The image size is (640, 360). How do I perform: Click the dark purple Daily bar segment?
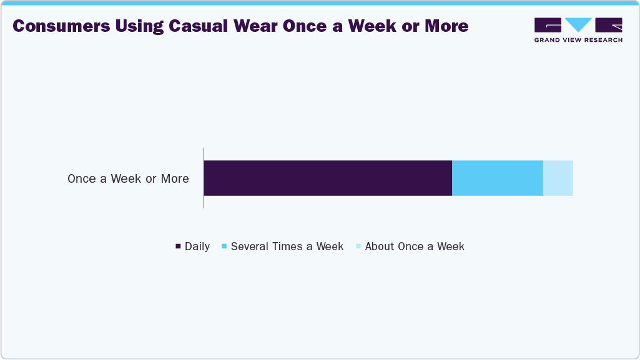point(328,178)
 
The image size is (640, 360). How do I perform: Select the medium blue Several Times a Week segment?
point(497,178)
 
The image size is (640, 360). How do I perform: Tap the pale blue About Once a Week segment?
point(558,178)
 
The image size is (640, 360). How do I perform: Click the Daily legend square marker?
point(178,247)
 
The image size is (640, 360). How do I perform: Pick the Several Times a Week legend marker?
point(224,247)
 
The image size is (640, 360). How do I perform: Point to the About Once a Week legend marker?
point(358,247)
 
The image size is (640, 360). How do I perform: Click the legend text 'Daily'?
point(197,246)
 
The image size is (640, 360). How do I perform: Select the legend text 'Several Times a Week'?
point(287,246)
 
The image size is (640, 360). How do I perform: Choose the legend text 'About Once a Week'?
point(415,246)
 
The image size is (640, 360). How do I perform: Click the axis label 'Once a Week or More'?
point(128,179)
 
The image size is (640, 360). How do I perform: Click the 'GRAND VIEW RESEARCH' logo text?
point(578,40)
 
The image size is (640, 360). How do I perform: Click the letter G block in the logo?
point(548,25)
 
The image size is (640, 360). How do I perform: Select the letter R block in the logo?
point(609,25)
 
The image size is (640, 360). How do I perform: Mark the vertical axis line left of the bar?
point(204,178)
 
